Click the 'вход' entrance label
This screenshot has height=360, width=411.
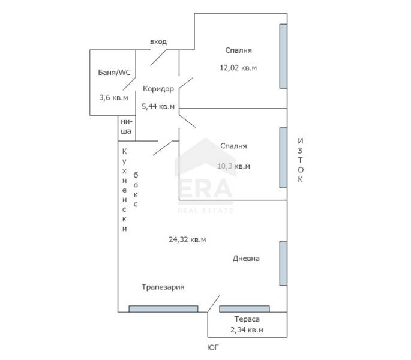158,41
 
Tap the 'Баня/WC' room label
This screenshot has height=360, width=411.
114,73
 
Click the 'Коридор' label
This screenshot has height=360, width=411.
158,89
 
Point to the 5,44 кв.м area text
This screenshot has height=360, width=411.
158,106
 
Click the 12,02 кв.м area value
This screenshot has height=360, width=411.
238,68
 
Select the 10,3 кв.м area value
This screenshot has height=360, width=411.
233,166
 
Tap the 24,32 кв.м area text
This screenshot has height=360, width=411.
187,239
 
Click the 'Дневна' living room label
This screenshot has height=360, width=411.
246,259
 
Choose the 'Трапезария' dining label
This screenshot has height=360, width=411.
163,287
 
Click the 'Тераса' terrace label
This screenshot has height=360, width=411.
247,319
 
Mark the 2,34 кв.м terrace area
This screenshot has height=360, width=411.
247,330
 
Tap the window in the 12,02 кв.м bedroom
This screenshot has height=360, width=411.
283,56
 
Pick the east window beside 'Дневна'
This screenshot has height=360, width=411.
283,263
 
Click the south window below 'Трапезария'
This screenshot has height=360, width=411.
163,309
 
